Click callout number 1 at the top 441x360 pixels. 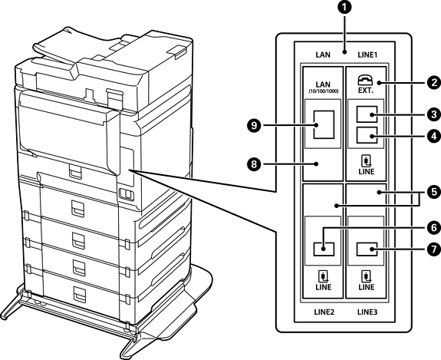coord(344,8)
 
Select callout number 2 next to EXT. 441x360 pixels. coord(433,82)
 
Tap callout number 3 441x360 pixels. coord(433,114)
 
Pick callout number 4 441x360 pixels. coord(433,136)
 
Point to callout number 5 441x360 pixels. coord(433,192)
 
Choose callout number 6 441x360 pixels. coord(433,227)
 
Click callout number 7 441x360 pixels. coord(433,249)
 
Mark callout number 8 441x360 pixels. coord(254,163)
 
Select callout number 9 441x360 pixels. coord(254,125)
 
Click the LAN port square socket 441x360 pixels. coord(324,124)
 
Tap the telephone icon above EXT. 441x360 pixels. coord(365,81)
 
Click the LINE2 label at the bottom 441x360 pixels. coord(324,312)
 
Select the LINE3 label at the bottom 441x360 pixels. coord(367,312)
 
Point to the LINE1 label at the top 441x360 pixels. coord(367,54)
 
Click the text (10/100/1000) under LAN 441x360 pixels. coord(323,91)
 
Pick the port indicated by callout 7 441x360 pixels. coord(367,249)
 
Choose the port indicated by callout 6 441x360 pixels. coord(324,249)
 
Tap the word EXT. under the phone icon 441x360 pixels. coord(366,91)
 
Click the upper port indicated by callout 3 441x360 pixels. coord(367,114)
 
